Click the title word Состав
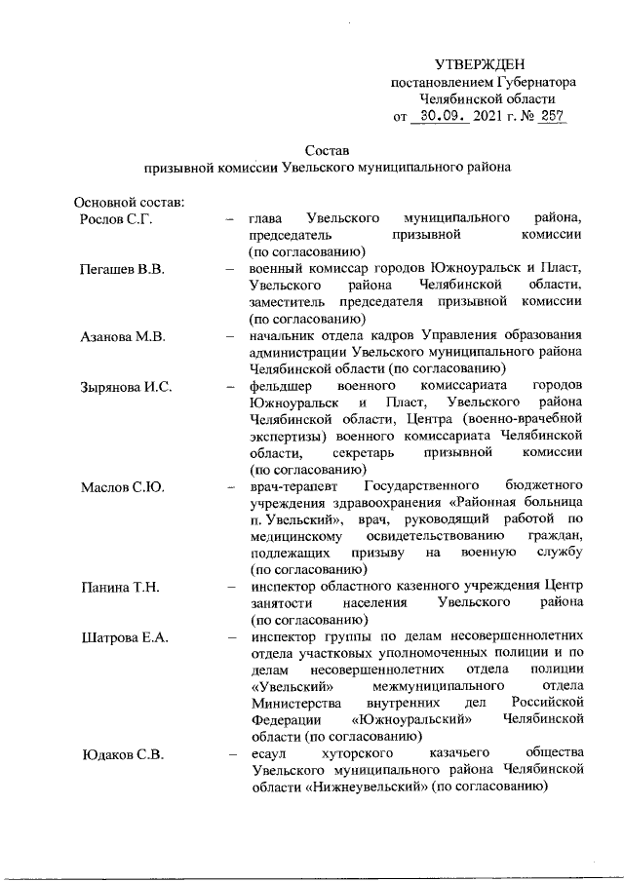click(327, 150)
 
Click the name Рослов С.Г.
click(115, 217)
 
